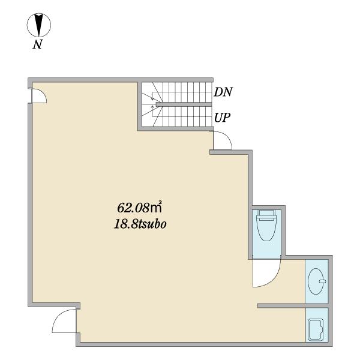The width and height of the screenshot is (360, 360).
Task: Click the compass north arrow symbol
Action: coord(39,25)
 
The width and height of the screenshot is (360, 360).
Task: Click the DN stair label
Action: coord(223,92)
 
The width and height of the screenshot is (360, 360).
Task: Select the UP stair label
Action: coord(222,118)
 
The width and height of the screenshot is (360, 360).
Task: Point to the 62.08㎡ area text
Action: coord(140,208)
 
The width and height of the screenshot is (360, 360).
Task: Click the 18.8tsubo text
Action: coord(140,224)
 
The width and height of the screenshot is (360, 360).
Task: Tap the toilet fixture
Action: coord(266,225)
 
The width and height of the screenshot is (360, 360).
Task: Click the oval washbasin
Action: coord(316,281)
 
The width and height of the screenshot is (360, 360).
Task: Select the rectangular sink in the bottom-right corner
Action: coord(317,329)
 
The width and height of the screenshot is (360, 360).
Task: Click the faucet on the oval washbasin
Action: coord(322,281)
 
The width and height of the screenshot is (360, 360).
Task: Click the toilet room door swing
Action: coord(266,273)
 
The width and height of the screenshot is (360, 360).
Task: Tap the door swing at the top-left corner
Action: coord(40,96)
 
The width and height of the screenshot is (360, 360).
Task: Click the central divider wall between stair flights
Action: coord(184,104)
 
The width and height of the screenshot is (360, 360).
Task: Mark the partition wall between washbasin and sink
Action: coord(293,305)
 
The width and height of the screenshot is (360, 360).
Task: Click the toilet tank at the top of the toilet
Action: coord(266,213)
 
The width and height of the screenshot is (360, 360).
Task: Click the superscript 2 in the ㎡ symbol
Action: coord(160,203)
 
